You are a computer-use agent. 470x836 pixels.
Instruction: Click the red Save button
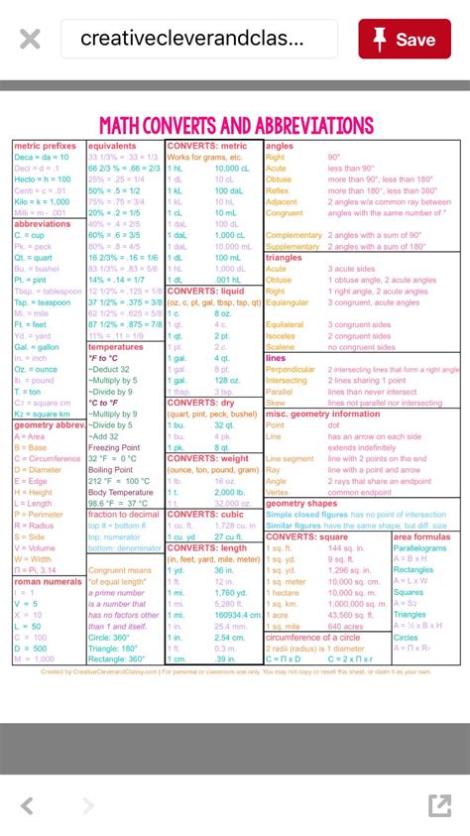tap(404, 39)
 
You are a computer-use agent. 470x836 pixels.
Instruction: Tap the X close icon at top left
tap(30, 40)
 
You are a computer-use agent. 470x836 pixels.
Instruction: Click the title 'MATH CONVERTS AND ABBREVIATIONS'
tap(236, 126)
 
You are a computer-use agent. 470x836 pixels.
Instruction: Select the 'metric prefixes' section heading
tap(45, 146)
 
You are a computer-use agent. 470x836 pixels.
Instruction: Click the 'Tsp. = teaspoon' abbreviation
tap(49, 302)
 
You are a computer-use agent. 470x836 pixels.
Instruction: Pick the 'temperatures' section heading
tap(115, 347)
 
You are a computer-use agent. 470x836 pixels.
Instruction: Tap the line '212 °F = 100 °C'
tap(119, 481)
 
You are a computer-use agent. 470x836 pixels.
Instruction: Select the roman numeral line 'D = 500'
tap(31, 648)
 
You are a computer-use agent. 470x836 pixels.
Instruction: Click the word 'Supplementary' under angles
tap(293, 246)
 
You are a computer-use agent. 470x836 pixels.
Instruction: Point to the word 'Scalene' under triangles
tap(282, 347)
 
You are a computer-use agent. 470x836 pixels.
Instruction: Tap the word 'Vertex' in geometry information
tap(278, 492)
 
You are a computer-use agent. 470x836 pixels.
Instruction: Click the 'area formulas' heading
tap(422, 537)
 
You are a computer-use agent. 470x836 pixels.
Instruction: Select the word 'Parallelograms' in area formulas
tap(420, 547)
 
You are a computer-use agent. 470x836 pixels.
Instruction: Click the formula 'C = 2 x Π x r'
tap(358, 658)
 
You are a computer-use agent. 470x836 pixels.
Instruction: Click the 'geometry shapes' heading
tap(301, 503)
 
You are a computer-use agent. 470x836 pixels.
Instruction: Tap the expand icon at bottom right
tap(439, 804)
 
